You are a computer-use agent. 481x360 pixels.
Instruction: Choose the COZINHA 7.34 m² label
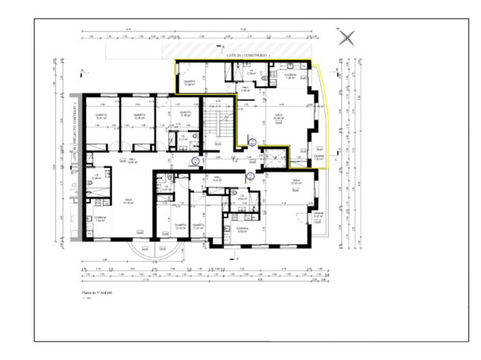pos(290,76)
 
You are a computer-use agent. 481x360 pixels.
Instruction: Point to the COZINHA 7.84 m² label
pos(100,220)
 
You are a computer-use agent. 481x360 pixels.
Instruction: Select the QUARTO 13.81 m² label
pos(100,116)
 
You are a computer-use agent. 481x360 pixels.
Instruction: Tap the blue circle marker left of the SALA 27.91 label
pos(250,176)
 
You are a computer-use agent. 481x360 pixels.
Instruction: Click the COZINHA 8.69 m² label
pos(242,230)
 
